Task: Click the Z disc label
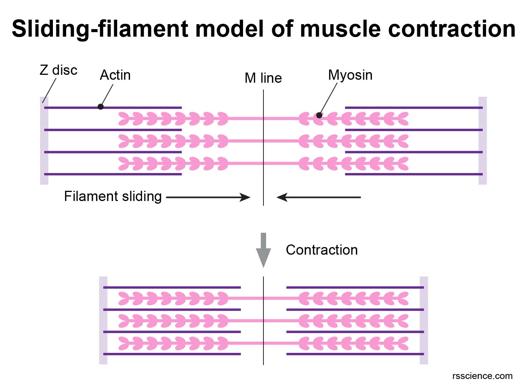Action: tap(58, 70)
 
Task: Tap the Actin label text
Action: tap(115, 75)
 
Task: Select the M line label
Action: tap(263, 78)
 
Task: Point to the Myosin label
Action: tap(350, 75)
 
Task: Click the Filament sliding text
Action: tap(113, 196)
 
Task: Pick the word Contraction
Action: tap(321, 250)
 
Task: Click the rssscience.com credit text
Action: tap(482, 376)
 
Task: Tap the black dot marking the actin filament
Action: tap(101, 107)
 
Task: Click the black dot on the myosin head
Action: tap(319, 115)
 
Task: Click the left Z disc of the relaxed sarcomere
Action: tap(44, 141)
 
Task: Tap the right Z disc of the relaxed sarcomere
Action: tap(482, 141)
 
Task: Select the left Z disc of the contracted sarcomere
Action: tap(103, 320)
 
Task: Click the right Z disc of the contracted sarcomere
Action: tap(424, 320)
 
